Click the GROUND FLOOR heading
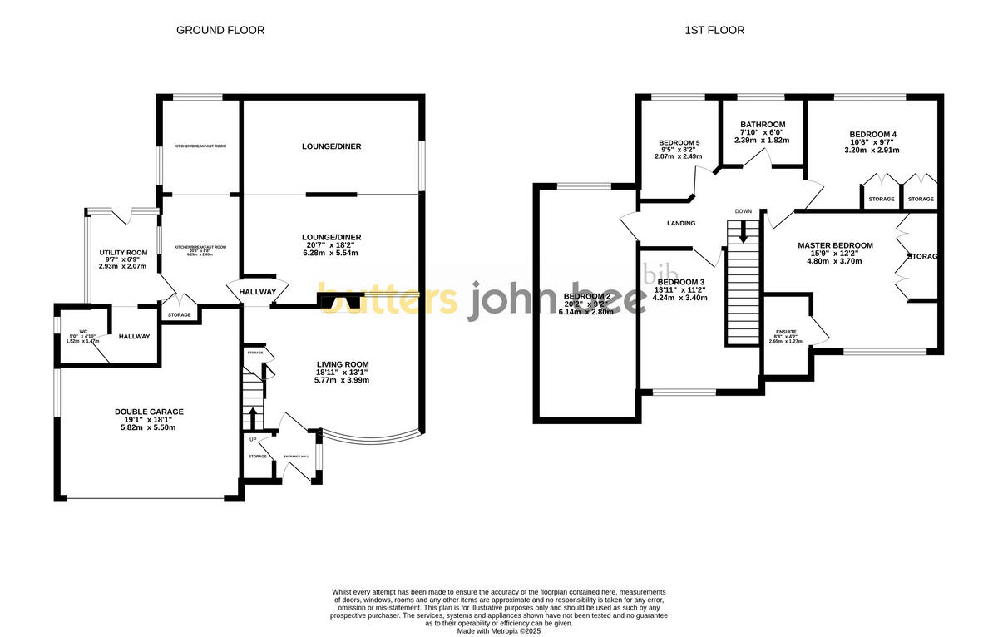pyautogui.click(x=220, y=31)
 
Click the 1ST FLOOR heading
pyautogui.click(x=714, y=31)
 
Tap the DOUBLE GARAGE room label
pyautogui.click(x=149, y=412)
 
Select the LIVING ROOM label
pyautogui.click(x=342, y=364)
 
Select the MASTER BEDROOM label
pyautogui.click(x=835, y=245)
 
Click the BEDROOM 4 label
pyautogui.click(x=872, y=134)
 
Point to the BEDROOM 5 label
pyautogui.click(x=679, y=142)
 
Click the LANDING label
pyautogui.click(x=681, y=223)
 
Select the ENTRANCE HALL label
pyautogui.click(x=296, y=457)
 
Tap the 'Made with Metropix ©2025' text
pyautogui.click(x=498, y=630)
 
